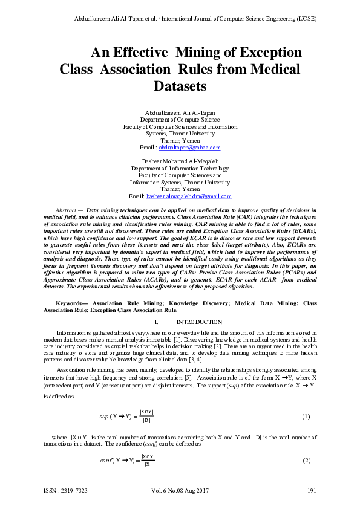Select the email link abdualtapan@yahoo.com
pyautogui.click(x=189, y=147)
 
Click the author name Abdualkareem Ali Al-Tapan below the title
pyautogui.click(x=180, y=113)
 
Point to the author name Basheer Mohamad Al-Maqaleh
pyautogui.click(x=180, y=161)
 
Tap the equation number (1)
pyautogui.click(x=306, y=417)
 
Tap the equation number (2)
pyautogui.click(x=306, y=461)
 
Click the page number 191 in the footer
pyautogui.click(x=312, y=490)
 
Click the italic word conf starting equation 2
pyautogui.click(x=106, y=461)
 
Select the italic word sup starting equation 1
pyautogui.click(x=103, y=417)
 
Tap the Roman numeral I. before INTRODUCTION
pyautogui.click(x=157, y=322)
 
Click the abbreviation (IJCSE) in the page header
pyautogui.click(x=305, y=19)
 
